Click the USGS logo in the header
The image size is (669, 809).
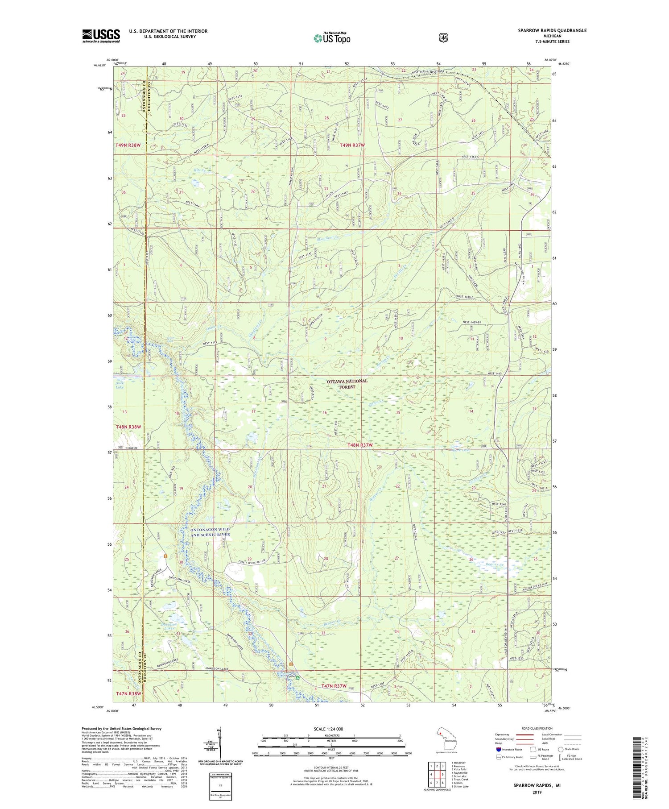101,36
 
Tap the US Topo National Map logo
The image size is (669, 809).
332,37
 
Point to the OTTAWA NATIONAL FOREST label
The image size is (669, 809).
347,384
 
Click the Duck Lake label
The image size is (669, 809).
120,385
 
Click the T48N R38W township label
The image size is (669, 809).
128,427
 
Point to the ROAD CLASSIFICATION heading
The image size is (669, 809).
533,728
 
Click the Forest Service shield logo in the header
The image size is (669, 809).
443,38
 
